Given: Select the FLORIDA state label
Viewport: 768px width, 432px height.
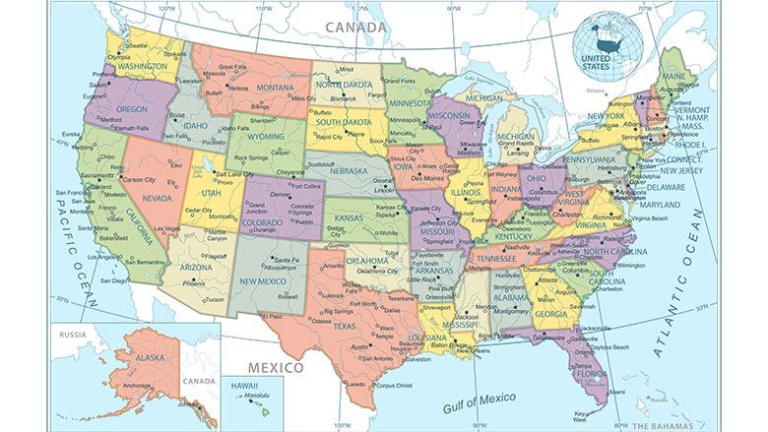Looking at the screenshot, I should [x=592, y=374].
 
